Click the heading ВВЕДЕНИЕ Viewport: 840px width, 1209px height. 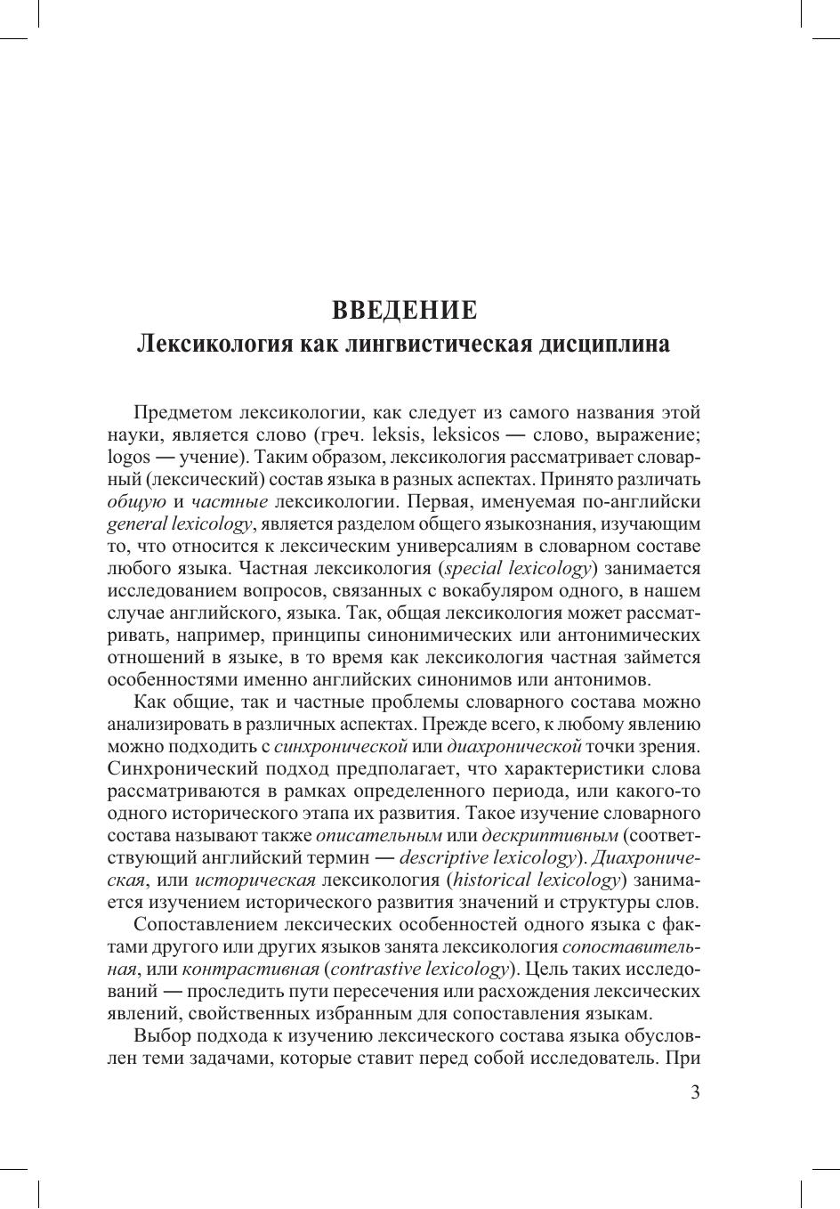pyautogui.click(x=405, y=310)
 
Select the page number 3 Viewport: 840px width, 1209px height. pyautogui.click(x=695, y=1092)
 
